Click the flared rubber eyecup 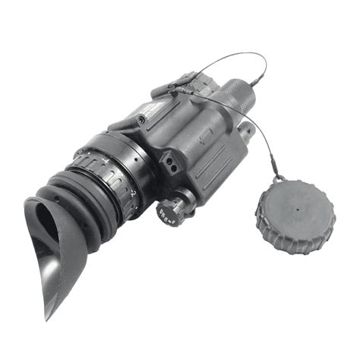point(53,251)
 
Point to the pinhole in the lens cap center point(294,203)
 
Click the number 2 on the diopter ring point(134,194)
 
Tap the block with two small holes point(169,161)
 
